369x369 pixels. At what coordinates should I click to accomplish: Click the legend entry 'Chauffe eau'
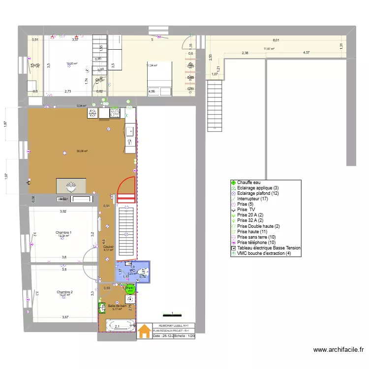[248, 183]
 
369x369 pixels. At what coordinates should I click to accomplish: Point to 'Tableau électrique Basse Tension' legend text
[269, 248]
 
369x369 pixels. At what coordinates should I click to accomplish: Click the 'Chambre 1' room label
[63, 232]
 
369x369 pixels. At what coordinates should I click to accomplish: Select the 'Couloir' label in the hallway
[109, 247]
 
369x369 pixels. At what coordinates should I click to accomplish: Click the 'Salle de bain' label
[117, 306]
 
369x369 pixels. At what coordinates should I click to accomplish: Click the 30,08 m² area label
[82, 151]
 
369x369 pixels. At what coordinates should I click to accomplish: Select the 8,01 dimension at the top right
[276, 40]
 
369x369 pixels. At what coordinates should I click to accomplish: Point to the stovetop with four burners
[115, 113]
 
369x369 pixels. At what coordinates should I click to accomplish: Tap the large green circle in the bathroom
[130, 289]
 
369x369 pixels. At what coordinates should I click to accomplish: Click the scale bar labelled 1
[172, 314]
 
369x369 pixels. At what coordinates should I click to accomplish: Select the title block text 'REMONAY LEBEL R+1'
[174, 325]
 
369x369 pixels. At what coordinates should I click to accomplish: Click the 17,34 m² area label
[152, 65]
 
